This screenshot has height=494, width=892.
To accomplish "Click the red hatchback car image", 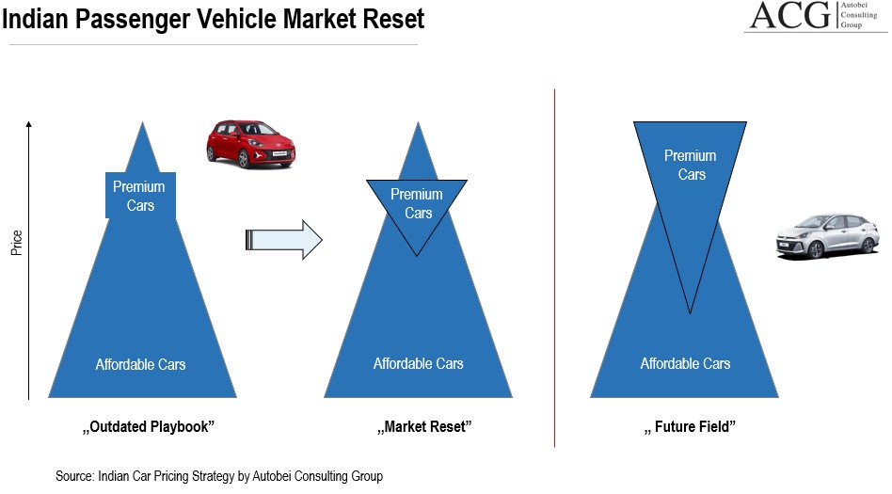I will (250, 143).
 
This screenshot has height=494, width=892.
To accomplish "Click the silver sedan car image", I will (814, 236).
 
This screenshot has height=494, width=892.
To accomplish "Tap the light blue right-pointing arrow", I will (283, 240).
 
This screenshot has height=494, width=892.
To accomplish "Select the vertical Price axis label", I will (17, 243).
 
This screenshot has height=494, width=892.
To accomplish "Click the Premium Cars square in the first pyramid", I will (139, 196).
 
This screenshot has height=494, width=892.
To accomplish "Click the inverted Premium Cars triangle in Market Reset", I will (417, 206).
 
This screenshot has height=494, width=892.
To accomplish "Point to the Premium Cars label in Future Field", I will (690, 165).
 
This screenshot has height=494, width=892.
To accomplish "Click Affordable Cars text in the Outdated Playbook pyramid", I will (140, 364).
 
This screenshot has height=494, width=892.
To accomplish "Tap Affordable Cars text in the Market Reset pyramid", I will (418, 363).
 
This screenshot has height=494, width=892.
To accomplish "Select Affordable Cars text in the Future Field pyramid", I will (685, 363).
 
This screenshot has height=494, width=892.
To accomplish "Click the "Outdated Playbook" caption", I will (149, 427).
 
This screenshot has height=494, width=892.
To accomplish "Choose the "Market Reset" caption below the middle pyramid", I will (423, 427).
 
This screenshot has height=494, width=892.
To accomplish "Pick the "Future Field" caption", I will (690, 427).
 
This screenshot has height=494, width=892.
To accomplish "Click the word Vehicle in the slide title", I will (238, 19).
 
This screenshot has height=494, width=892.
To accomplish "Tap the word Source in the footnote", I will (74, 476).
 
